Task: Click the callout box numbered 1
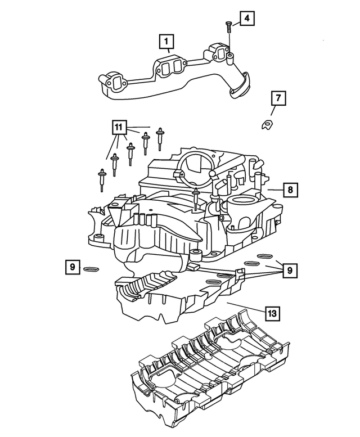click(x=166, y=41)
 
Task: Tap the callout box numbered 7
click(x=277, y=99)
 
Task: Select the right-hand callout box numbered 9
click(x=289, y=271)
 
